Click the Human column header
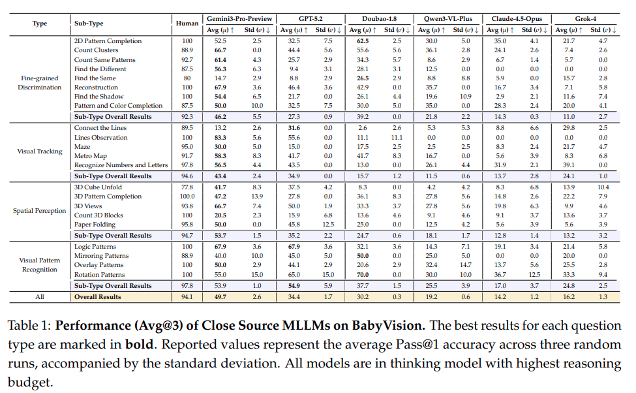coord(187,24)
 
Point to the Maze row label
coord(82,148)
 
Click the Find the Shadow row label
coord(99,97)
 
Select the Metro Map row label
coord(90,156)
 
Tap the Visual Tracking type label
coord(39,151)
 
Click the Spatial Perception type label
coord(39,211)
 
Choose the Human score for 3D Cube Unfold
coord(187,187)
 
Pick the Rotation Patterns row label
coord(99,275)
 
